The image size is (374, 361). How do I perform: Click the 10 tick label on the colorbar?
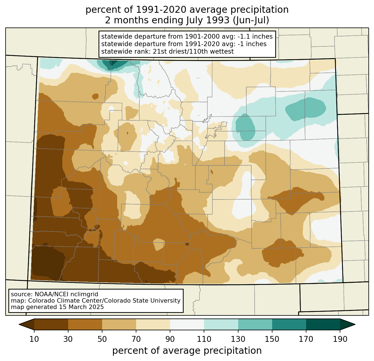(34, 339)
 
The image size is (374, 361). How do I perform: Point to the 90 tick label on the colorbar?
(170, 339)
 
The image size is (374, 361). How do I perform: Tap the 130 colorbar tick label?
(238, 339)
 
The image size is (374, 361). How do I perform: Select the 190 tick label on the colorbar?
(340, 339)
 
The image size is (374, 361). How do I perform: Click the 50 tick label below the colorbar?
(102, 339)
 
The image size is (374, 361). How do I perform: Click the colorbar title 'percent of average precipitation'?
(187, 351)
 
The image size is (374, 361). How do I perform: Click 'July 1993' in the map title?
(208, 20)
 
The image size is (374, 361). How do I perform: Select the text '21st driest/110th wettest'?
(193, 51)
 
